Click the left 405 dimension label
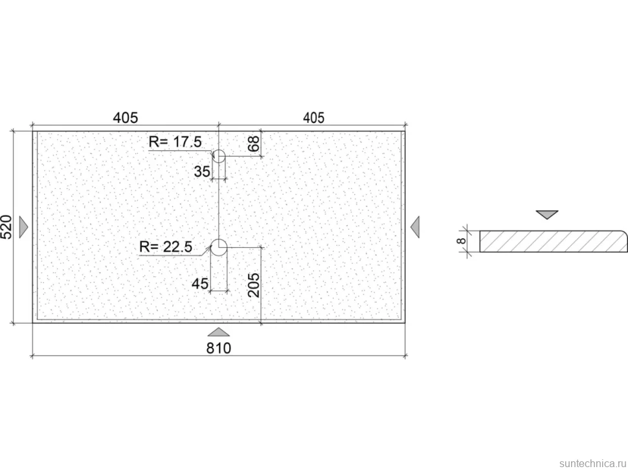(126, 118)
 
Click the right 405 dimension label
(313, 118)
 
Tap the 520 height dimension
(7, 227)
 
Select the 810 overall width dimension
(219, 348)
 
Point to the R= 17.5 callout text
(175, 142)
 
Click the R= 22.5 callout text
(166, 247)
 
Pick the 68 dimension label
(254, 144)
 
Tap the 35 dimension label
(202, 171)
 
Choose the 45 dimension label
(200, 284)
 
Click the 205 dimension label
(254, 285)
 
